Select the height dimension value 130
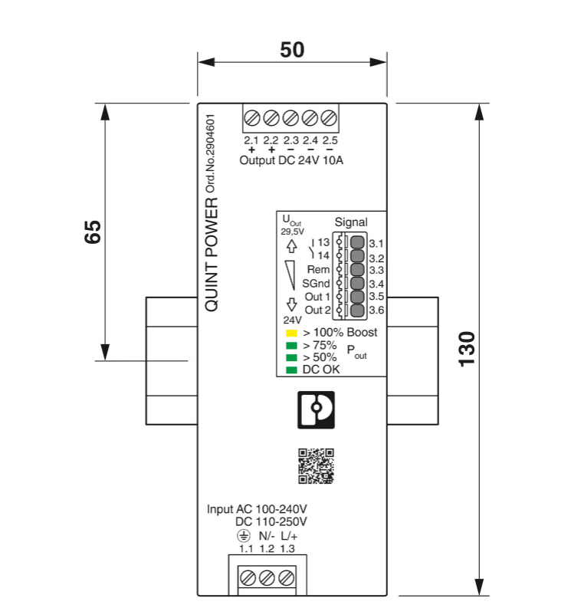(467, 349)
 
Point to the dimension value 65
(92, 232)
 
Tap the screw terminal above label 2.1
(251, 119)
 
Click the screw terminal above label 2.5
(330, 119)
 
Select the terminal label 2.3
(290, 140)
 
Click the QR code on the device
(316, 466)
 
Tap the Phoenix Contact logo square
(316, 410)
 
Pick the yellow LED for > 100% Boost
(291, 334)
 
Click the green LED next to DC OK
(291, 370)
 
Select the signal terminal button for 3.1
(357, 243)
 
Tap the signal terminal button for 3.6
(357, 311)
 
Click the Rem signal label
(318, 270)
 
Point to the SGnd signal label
(316, 284)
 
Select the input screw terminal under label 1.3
(287, 577)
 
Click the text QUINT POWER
(212, 254)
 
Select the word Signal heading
(351, 222)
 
